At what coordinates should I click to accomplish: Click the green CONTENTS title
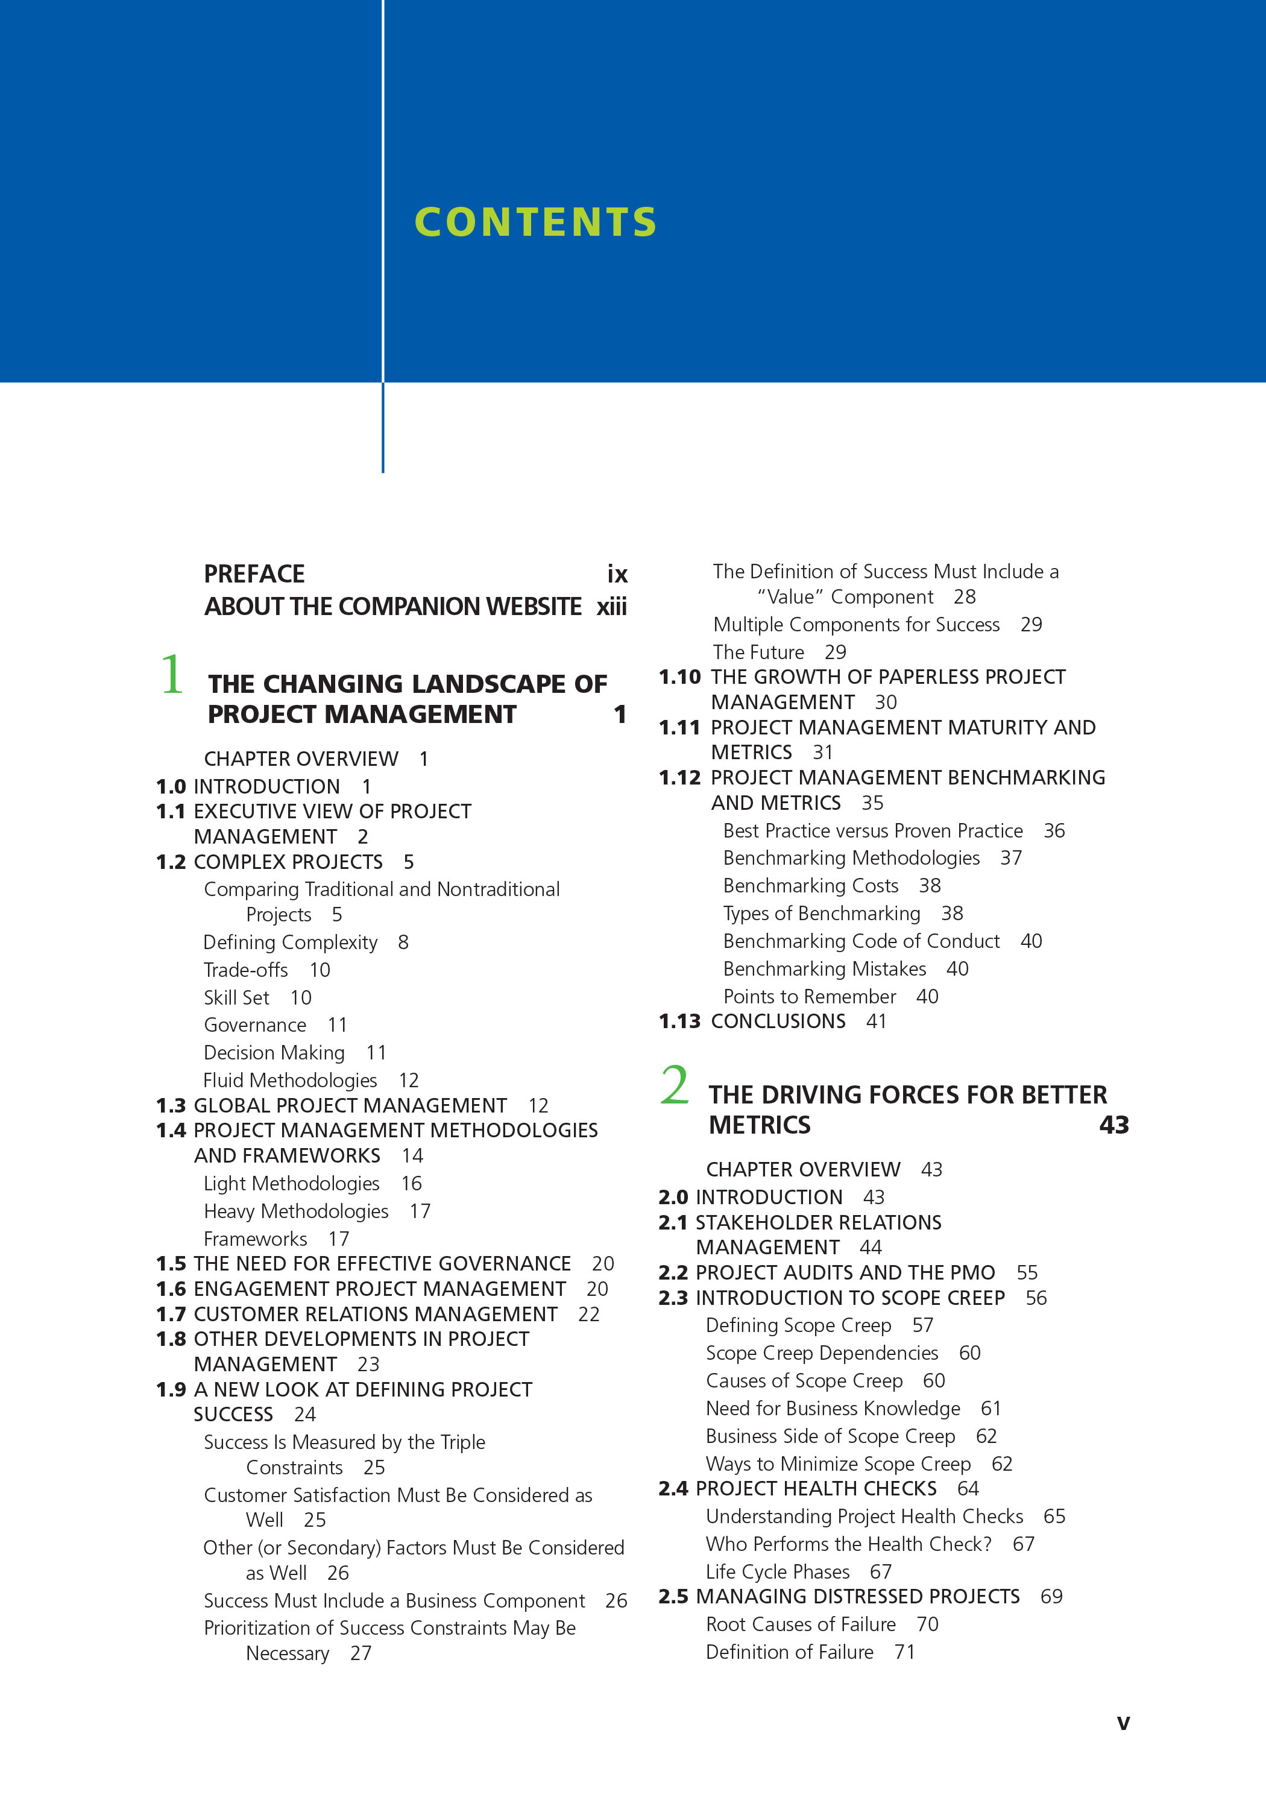tap(536, 222)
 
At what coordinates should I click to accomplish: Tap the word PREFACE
tap(254, 573)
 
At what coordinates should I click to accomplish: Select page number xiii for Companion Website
tap(611, 607)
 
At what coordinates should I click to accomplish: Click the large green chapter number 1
tap(172, 675)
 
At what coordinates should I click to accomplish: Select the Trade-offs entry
tap(246, 970)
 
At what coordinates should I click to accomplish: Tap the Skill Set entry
tap(236, 997)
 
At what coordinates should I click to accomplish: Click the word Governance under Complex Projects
tap(255, 1025)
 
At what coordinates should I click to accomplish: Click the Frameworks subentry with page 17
tap(255, 1239)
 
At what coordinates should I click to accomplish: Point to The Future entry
tap(758, 652)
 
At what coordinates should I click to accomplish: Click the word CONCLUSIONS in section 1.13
tap(778, 1021)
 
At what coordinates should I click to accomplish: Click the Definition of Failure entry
tap(789, 1652)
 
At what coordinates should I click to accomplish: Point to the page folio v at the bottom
tap(1123, 1723)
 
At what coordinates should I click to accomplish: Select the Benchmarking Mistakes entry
tap(825, 968)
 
